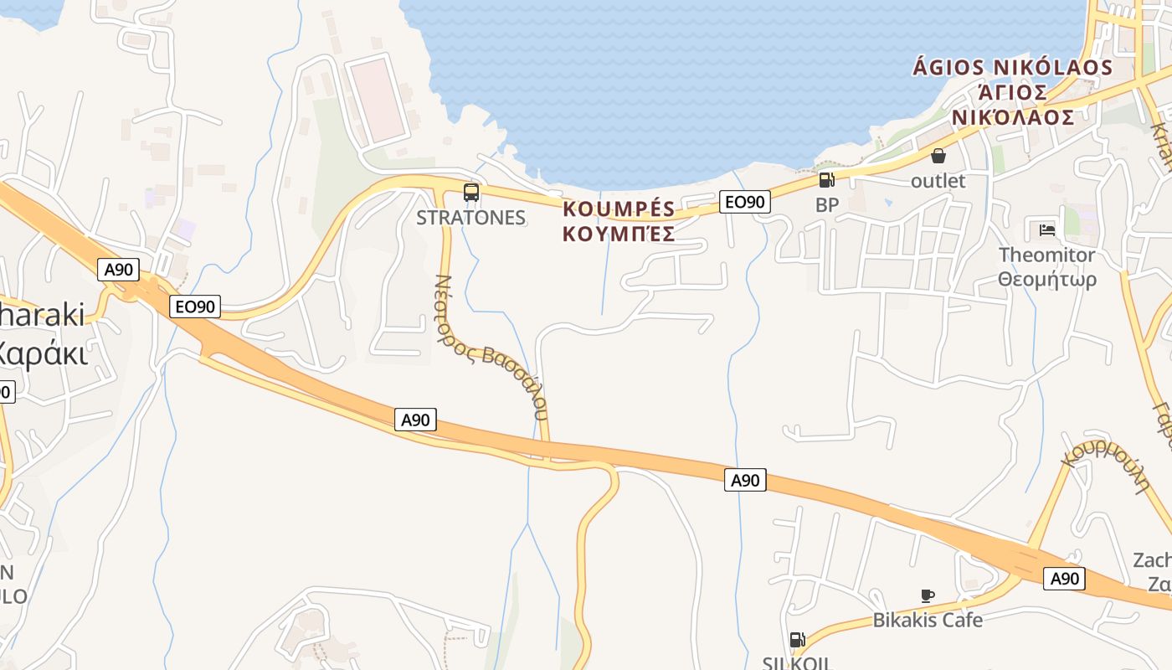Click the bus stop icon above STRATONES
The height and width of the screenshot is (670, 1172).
pos(471,193)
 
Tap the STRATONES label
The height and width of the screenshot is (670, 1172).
pos(471,218)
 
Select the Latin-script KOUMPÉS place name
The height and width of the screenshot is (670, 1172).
pos(619,209)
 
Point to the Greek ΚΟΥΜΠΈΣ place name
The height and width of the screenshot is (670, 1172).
pos(619,234)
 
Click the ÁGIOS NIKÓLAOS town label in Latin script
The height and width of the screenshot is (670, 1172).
pos(1012,67)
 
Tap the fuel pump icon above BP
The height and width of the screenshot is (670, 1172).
pos(826,179)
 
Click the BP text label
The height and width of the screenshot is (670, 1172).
pos(826,205)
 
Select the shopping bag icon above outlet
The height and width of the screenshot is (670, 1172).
pos(938,156)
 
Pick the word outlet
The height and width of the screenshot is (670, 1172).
pos(938,181)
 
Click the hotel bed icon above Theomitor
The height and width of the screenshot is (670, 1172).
pos(1046,229)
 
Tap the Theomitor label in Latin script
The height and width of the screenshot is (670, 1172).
pos(1046,255)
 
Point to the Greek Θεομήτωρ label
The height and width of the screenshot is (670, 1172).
pos(1046,279)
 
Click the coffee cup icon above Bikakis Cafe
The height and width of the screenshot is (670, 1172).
pos(927,595)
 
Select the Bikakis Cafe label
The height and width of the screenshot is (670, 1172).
pos(928,621)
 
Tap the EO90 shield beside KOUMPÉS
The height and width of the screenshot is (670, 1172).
pos(744,202)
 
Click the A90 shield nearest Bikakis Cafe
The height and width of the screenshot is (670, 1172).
pos(1064,578)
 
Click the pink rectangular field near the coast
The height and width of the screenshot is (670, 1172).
pos(378,99)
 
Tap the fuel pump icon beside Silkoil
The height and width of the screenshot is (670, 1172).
pos(797,640)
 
